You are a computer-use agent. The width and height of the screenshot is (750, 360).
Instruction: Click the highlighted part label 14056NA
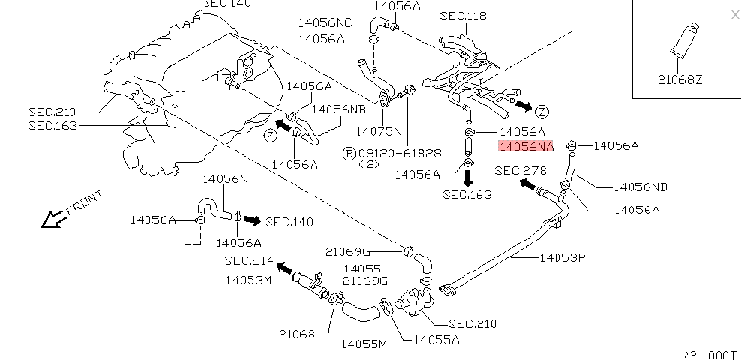point(526,147)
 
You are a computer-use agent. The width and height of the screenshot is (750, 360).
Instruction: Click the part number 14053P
point(562,257)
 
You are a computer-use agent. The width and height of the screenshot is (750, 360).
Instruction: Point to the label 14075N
point(379,130)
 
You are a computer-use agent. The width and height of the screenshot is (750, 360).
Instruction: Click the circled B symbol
point(348,154)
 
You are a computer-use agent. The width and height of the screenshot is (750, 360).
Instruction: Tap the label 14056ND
point(640,186)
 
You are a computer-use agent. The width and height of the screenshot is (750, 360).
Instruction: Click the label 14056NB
point(339,109)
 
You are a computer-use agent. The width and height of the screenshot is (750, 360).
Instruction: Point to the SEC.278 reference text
point(520,171)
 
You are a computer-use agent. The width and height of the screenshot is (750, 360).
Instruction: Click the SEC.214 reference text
point(250,260)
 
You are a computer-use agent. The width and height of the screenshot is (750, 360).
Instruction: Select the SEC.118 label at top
point(463,16)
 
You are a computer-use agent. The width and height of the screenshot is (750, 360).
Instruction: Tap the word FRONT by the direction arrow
point(84,203)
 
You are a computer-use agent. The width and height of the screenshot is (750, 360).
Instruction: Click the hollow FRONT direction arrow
point(52,219)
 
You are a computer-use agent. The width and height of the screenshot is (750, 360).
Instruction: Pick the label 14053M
point(248,280)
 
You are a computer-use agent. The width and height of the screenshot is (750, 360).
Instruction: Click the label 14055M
point(364,344)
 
